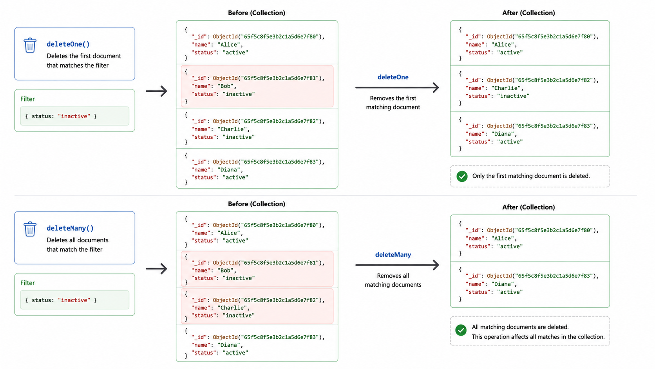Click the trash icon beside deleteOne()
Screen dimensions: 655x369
[x=30, y=45]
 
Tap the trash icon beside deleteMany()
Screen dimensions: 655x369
[x=30, y=229]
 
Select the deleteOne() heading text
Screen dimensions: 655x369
[x=68, y=44]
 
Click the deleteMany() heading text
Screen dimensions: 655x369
[x=70, y=228]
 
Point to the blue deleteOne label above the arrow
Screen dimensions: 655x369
[x=393, y=77]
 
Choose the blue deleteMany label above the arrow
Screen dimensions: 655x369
[x=393, y=255]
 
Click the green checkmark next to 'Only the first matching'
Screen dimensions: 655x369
[x=462, y=176]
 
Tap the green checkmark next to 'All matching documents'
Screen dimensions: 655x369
[x=461, y=330]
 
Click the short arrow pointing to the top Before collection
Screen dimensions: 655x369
[x=156, y=91]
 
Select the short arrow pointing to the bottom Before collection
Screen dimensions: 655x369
[x=156, y=269]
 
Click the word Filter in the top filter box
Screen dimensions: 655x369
[x=27, y=99]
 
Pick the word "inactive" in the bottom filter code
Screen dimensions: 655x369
[x=74, y=300]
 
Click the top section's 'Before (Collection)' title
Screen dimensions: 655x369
[x=257, y=13]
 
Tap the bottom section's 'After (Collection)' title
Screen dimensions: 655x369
[x=528, y=207]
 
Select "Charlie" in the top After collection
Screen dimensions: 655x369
[x=506, y=88]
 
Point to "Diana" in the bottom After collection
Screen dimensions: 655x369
[x=503, y=284]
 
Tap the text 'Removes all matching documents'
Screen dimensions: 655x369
[x=393, y=280]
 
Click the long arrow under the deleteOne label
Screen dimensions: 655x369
[x=397, y=87]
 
